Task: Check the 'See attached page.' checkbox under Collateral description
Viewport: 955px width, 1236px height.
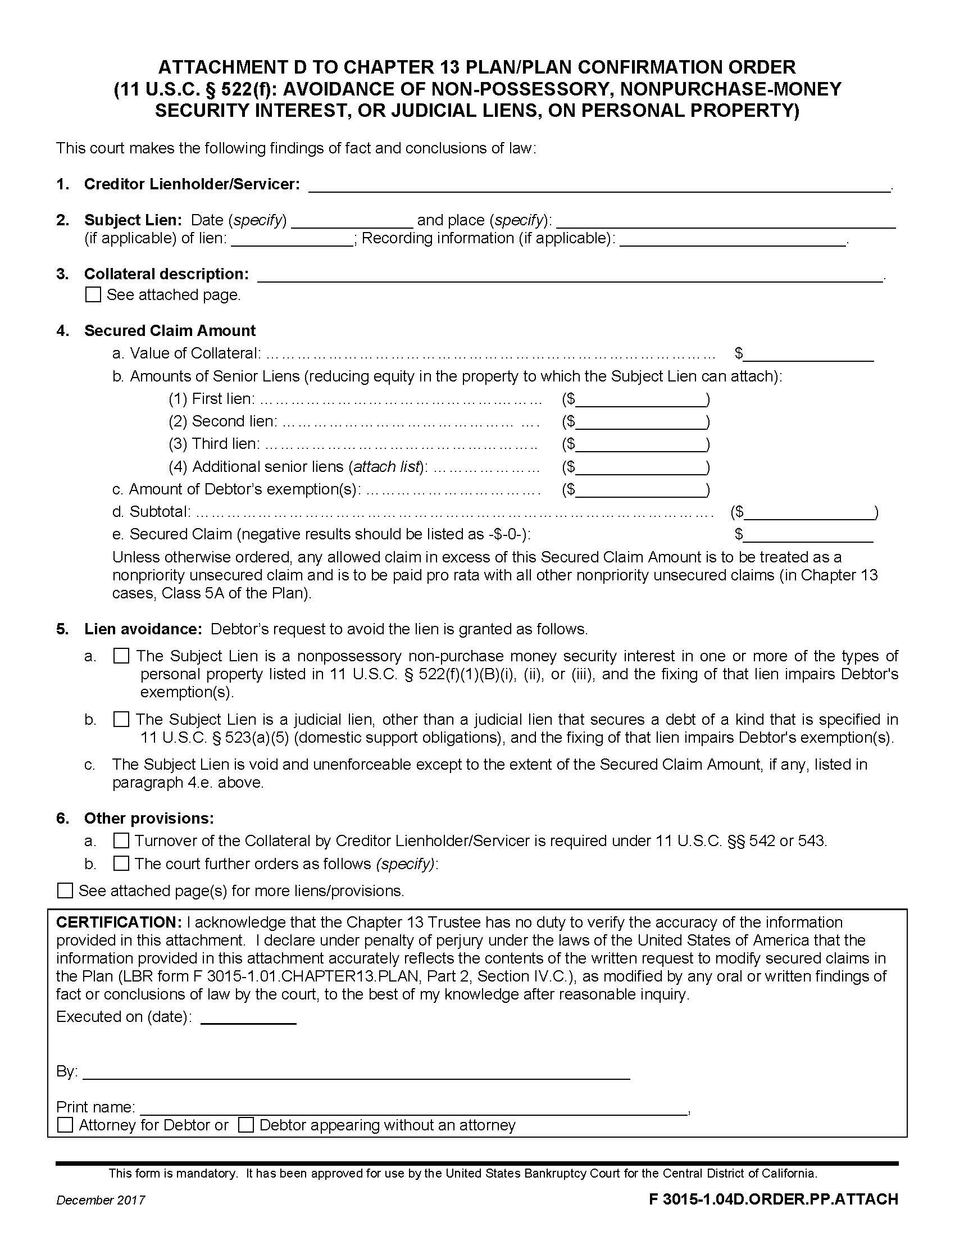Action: coord(93,295)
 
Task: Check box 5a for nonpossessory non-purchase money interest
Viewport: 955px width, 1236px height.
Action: coord(121,656)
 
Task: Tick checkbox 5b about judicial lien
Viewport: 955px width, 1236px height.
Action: coord(121,719)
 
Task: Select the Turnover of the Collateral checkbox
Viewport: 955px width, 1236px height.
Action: coord(121,840)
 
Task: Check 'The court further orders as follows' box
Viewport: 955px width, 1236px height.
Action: coord(121,864)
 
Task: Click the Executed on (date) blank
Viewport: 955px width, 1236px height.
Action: coord(248,1018)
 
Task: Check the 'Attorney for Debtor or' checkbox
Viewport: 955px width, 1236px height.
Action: coord(65,1125)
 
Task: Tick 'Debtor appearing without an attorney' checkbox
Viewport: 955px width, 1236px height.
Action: coord(245,1125)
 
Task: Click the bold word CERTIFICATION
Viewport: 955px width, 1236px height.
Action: coord(118,923)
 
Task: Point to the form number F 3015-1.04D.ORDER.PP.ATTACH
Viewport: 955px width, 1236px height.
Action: coord(774,1199)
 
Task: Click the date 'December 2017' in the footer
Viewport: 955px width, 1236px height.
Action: coord(100,1201)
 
